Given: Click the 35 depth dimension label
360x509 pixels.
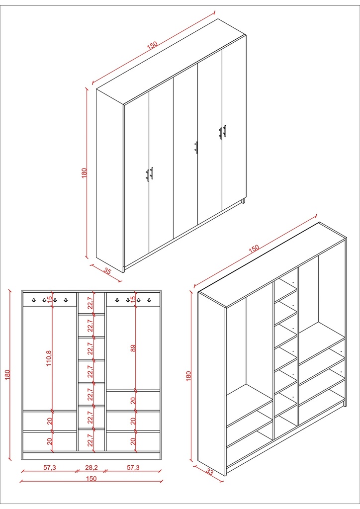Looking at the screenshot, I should [x=107, y=271].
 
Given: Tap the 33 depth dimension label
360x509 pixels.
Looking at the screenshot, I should [x=209, y=472].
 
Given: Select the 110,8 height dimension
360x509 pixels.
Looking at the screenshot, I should [x=49, y=357].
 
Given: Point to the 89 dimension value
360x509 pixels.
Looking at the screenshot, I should [x=133, y=348].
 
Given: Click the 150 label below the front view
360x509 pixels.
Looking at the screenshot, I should [x=91, y=479].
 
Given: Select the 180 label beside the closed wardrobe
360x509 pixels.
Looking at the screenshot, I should [x=84, y=173].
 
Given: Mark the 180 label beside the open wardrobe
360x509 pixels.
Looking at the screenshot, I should [x=188, y=375].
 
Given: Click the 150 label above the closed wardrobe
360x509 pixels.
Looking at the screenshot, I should [x=152, y=45].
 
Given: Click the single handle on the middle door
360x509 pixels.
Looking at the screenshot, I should [x=196, y=148].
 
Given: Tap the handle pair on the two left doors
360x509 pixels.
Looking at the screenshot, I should [x=150, y=173].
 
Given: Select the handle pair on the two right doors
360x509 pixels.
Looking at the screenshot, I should [x=223, y=132].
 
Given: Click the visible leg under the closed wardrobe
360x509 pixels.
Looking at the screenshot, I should [x=243, y=201].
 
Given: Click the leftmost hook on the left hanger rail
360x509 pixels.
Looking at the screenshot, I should [x=33, y=299].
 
